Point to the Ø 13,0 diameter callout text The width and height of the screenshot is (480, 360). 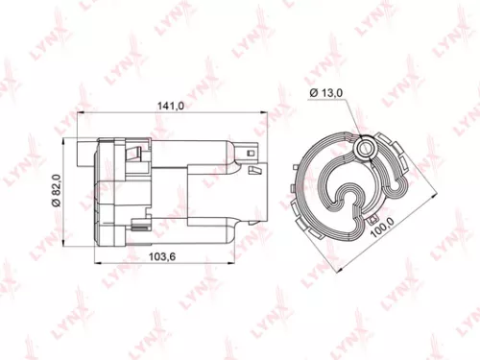pos(329,91)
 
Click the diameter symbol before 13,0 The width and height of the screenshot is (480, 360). pos(313,91)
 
